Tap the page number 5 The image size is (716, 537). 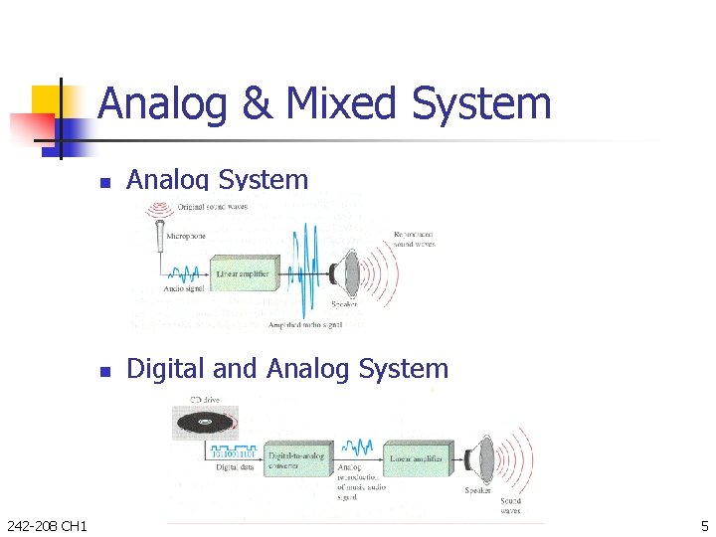coord(703,524)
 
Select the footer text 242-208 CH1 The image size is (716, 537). coord(46,524)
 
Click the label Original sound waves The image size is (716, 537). coord(212,207)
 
